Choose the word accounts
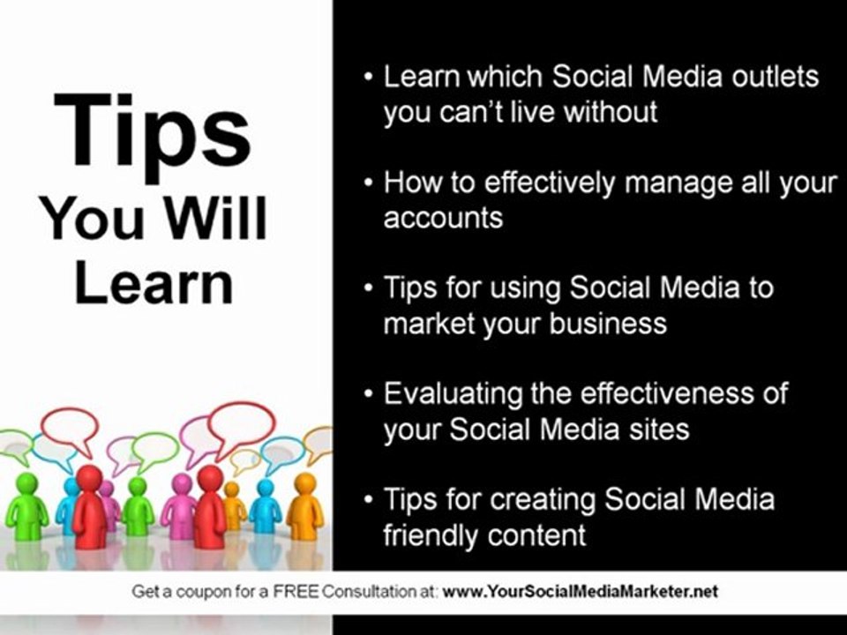point(443,218)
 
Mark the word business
point(608,324)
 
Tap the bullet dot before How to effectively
point(369,183)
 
